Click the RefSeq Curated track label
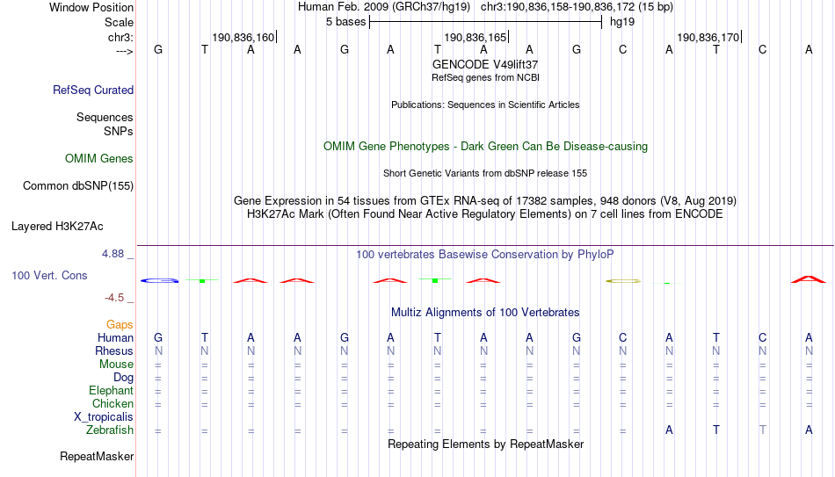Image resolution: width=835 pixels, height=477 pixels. (93, 90)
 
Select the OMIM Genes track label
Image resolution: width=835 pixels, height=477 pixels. (99, 159)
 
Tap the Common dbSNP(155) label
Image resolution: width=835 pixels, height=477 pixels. (78, 186)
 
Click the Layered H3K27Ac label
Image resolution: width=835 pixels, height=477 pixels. (57, 227)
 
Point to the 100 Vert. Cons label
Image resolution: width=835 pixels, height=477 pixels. (49, 275)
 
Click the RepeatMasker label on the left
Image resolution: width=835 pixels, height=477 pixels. (97, 456)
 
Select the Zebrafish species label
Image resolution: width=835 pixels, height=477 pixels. (110, 430)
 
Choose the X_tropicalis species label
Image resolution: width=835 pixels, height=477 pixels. (104, 417)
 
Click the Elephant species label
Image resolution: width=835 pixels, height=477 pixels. (112, 391)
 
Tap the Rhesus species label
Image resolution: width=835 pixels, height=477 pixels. (114, 351)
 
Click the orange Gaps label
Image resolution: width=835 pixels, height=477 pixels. (120, 325)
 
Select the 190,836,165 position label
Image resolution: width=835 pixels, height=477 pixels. (476, 37)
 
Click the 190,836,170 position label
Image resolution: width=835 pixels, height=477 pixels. (708, 37)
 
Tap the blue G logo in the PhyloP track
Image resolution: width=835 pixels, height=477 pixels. (159, 280)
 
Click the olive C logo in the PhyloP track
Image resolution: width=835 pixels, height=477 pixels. (623, 280)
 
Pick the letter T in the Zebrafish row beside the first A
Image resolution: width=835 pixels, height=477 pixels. (716, 430)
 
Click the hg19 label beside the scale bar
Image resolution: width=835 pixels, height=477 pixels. (622, 22)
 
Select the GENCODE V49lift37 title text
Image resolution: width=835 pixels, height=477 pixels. (485, 64)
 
